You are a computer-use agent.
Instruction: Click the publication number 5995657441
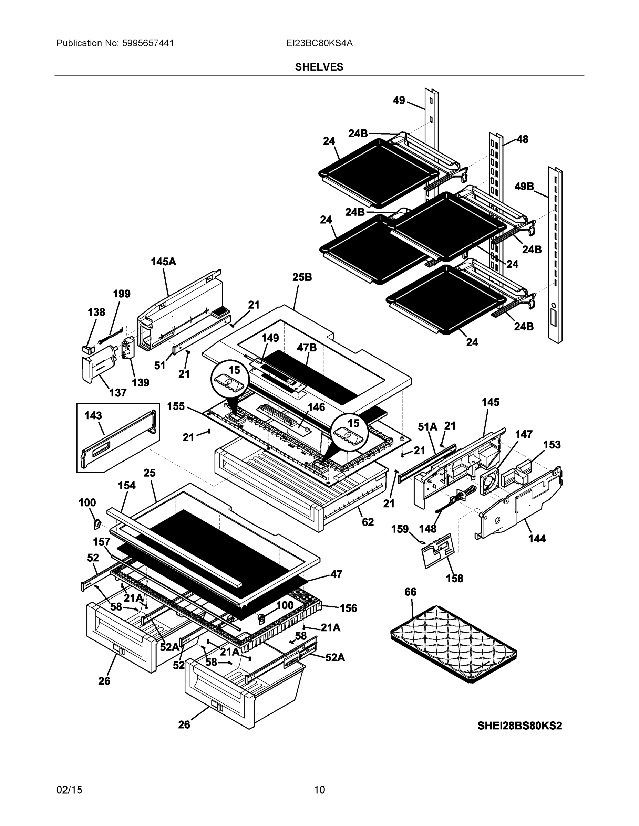tap(148, 43)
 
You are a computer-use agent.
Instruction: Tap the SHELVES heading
tap(319, 67)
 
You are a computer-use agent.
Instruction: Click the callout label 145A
tap(163, 261)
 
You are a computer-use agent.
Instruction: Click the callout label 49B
tap(524, 186)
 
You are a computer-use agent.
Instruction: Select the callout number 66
tap(410, 592)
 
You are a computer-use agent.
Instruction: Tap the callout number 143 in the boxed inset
tap(93, 415)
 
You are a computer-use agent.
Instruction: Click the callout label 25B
tap(302, 277)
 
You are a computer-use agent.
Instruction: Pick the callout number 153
tap(552, 444)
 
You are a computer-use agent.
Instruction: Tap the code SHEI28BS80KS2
tap(519, 726)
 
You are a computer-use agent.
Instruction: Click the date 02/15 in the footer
tap(69, 790)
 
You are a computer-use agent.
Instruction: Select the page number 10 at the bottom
tap(320, 790)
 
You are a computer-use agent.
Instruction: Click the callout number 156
tap(348, 608)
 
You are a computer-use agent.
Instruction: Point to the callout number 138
tap(96, 312)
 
